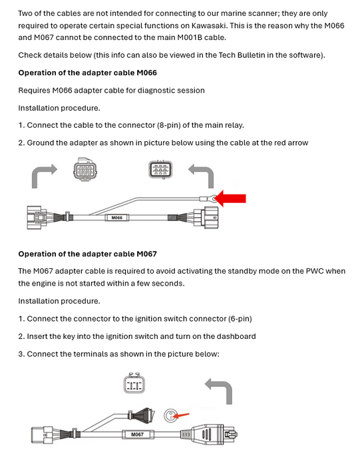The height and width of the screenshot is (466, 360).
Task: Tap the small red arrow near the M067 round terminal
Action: pyautogui.click(x=180, y=415)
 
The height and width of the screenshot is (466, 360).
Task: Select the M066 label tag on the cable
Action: pyautogui.click(x=117, y=218)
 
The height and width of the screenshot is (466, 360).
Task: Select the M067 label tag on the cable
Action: pyautogui.click(x=138, y=434)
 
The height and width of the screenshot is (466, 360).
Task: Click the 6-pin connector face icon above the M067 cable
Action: pyautogui.click(x=134, y=383)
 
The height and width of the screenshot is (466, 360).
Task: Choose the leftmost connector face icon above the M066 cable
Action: pyautogui.click(x=85, y=169)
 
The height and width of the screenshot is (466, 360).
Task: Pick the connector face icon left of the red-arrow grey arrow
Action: pyautogui.click(x=160, y=169)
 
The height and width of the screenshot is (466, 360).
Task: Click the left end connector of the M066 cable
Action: pyautogui.click(x=37, y=217)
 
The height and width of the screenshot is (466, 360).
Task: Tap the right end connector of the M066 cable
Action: pyautogui.click(x=206, y=218)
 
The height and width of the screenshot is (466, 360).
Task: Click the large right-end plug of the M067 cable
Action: pyautogui.click(x=214, y=435)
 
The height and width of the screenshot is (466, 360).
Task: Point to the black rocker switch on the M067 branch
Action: pyautogui.click(x=142, y=413)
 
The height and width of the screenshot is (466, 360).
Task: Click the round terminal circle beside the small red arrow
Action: pyautogui.click(x=170, y=415)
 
